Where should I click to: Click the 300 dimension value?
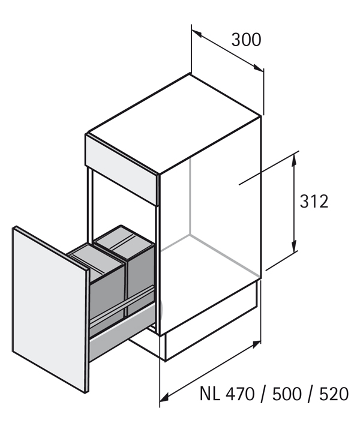[x=246, y=40]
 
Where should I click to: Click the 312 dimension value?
[x=314, y=201]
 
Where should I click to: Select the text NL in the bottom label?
[x=210, y=394]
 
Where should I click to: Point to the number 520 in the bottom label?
[x=333, y=394]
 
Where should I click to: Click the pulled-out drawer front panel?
[x=51, y=306]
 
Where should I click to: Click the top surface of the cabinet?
[x=174, y=123]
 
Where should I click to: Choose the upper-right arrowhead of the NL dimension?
[x=257, y=343]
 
